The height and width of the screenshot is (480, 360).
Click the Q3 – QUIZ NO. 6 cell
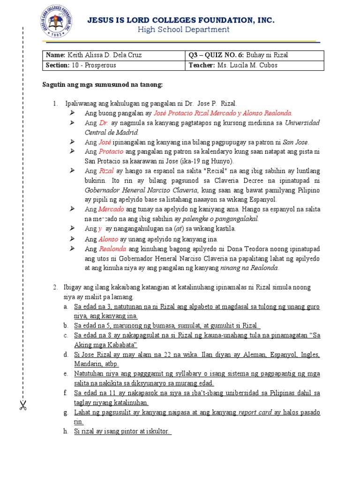tap(254, 55)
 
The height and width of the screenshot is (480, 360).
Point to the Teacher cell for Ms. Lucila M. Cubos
tap(254, 66)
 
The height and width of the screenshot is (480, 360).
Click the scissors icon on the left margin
tap(22, 405)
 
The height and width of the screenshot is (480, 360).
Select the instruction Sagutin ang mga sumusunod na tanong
tap(100, 85)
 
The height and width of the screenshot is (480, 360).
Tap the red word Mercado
tap(111, 209)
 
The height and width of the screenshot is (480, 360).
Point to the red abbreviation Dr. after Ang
tap(104, 123)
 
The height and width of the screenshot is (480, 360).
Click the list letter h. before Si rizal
tap(66, 431)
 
